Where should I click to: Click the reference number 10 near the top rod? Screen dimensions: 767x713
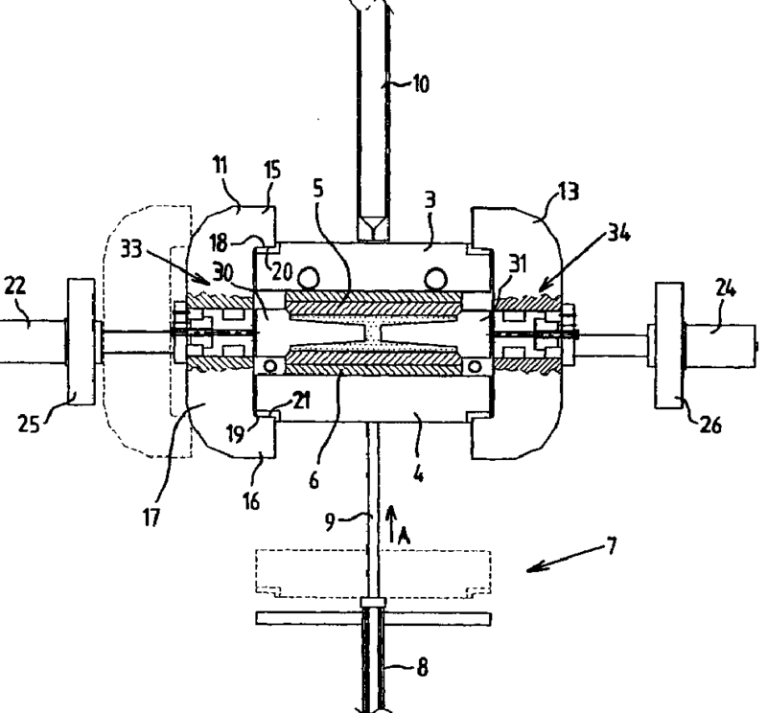pos(421,84)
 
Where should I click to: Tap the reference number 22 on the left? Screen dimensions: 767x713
pos(14,285)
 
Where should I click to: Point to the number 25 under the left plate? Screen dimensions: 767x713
pos(29,424)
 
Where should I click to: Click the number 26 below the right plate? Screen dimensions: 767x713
pos(710,425)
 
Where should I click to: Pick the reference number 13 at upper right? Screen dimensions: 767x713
pos(569,192)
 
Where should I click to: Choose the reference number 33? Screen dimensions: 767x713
pos(131,249)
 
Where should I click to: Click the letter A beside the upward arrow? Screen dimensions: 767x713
pos(404,536)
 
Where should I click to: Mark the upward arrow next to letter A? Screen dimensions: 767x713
pos(390,524)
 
